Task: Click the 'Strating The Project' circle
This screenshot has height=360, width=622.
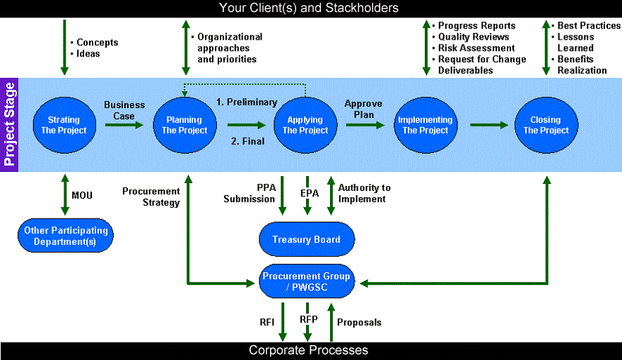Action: tap(64, 125)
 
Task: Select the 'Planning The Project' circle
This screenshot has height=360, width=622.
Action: tap(185, 125)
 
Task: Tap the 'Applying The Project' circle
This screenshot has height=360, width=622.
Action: tap(305, 125)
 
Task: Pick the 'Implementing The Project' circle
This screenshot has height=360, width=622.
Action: tap(426, 125)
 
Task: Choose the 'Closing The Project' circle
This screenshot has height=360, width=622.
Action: tap(546, 125)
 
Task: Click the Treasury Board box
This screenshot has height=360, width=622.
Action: tap(307, 239)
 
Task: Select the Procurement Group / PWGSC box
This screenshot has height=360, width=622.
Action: tap(307, 281)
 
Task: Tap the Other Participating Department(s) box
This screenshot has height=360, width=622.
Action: tap(66, 236)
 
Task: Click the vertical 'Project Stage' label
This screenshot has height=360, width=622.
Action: tap(9, 124)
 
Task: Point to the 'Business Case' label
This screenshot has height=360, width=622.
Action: tap(124, 110)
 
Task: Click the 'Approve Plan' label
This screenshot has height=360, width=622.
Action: tap(363, 109)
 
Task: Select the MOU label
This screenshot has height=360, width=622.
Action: tap(82, 195)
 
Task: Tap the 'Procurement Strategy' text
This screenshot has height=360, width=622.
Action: tap(151, 197)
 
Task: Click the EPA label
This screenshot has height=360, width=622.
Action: tap(310, 193)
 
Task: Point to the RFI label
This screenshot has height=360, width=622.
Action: tap(267, 322)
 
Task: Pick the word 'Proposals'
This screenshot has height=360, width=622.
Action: tap(359, 323)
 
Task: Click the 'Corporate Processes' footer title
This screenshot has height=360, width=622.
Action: tap(308, 350)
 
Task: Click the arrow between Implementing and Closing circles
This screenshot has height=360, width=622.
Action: tap(488, 125)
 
